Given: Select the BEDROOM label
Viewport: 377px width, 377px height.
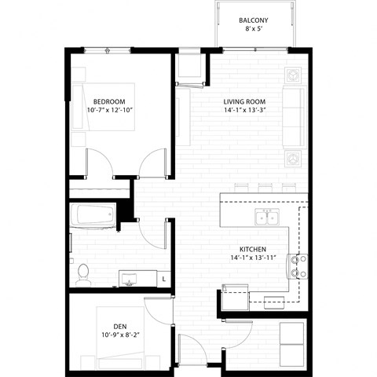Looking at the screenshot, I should [109, 101].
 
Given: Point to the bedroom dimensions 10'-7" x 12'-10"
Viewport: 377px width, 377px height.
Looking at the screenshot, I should [109, 112].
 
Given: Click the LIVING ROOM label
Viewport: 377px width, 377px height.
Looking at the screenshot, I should [244, 101].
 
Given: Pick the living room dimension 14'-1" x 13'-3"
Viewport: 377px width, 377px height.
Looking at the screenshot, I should [244, 112].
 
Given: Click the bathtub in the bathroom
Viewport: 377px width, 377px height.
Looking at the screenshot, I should [93, 216].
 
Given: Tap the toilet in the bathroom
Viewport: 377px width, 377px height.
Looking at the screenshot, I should [82, 273].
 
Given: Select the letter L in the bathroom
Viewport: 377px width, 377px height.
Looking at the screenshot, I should [163, 278].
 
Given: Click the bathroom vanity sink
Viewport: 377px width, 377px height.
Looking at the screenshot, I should [130, 277].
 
